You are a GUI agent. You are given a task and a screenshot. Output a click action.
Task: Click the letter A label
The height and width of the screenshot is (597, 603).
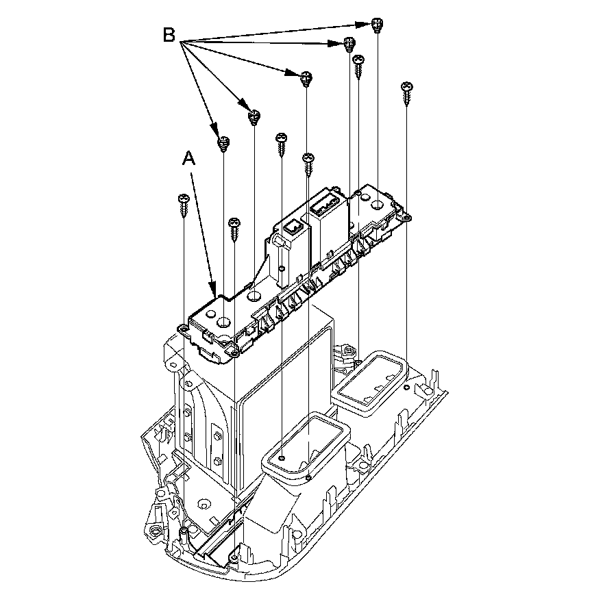(x=189, y=159)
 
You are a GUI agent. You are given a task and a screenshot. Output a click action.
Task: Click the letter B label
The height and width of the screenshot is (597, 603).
(x=169, y=35)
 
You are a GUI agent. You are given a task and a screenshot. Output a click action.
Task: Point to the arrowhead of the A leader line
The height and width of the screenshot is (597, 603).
(x=214, y=292)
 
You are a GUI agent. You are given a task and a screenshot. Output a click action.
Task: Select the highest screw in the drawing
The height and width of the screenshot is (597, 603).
(x=376, y=25)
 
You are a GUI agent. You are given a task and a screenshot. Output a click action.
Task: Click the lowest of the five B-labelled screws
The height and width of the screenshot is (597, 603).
(x=223, y=142)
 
